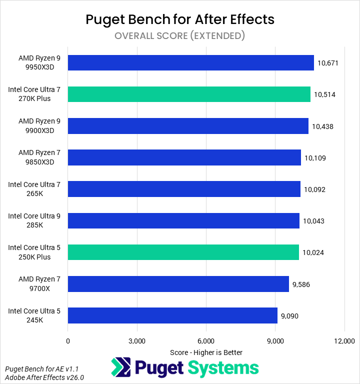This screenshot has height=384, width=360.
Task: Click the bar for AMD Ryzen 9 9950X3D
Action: click(x=190, y=62)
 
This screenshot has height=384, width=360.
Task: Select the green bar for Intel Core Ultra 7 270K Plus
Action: click(x=189, y=94)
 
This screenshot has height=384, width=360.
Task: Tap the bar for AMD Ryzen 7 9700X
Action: click(x=178, y=284)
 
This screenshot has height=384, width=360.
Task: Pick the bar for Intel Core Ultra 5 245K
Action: click(x=172, y=315)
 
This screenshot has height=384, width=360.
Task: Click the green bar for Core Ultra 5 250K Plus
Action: click(x=183, y=252)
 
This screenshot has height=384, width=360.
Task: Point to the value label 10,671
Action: click(x=328, y=63)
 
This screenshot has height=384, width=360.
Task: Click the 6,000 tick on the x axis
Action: click(x=206, y=341)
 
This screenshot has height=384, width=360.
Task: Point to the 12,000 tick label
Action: click(x=344, y=341)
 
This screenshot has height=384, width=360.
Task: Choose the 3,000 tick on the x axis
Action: click(x=137, y=341)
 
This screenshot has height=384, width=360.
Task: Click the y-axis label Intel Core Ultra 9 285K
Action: click(x=34, y=221)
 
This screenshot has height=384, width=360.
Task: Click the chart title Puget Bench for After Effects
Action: click(x=180, y=19)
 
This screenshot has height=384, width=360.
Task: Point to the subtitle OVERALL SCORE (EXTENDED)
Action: click(x=180, y=35)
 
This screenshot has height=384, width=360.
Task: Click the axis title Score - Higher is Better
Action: click(x=206, y=352)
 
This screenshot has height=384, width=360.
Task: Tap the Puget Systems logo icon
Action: click(x=120, y=367)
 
